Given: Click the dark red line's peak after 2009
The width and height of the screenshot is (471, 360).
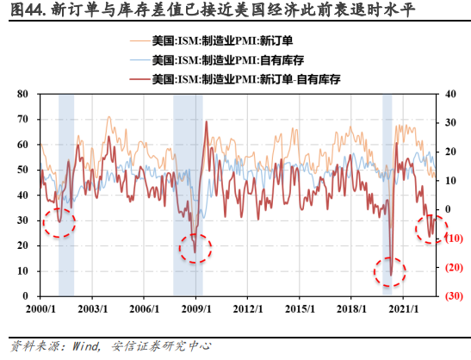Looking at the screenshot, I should pos(206,123).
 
